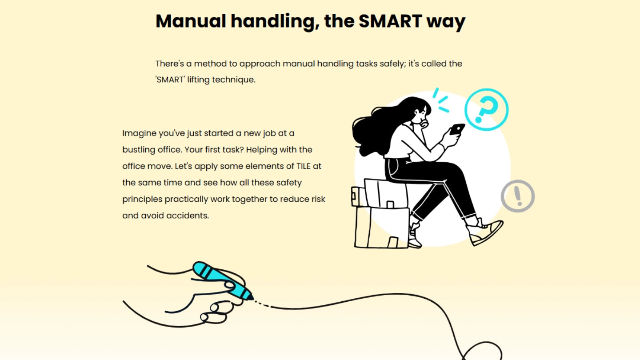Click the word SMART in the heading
pos(390,21)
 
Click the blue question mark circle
pos(486,109)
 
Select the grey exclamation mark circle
pos(517,196)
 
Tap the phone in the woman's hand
pos(457,129)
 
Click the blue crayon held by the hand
pos(222,280)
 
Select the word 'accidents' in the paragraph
pos(188,216)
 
